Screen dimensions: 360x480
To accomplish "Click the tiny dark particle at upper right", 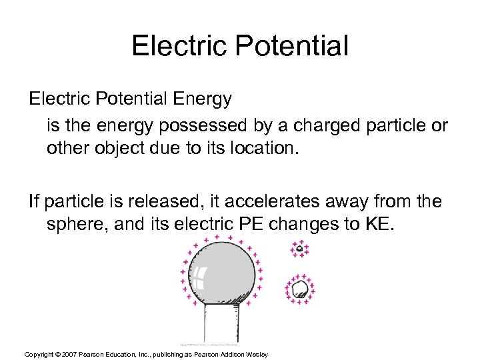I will pyautogui.click(x=300, y=249).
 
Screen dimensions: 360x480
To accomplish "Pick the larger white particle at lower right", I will pyautogui.click(x=300, y=289).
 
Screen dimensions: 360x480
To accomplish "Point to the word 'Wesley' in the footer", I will pyautogui.click(x=257, y=354).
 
